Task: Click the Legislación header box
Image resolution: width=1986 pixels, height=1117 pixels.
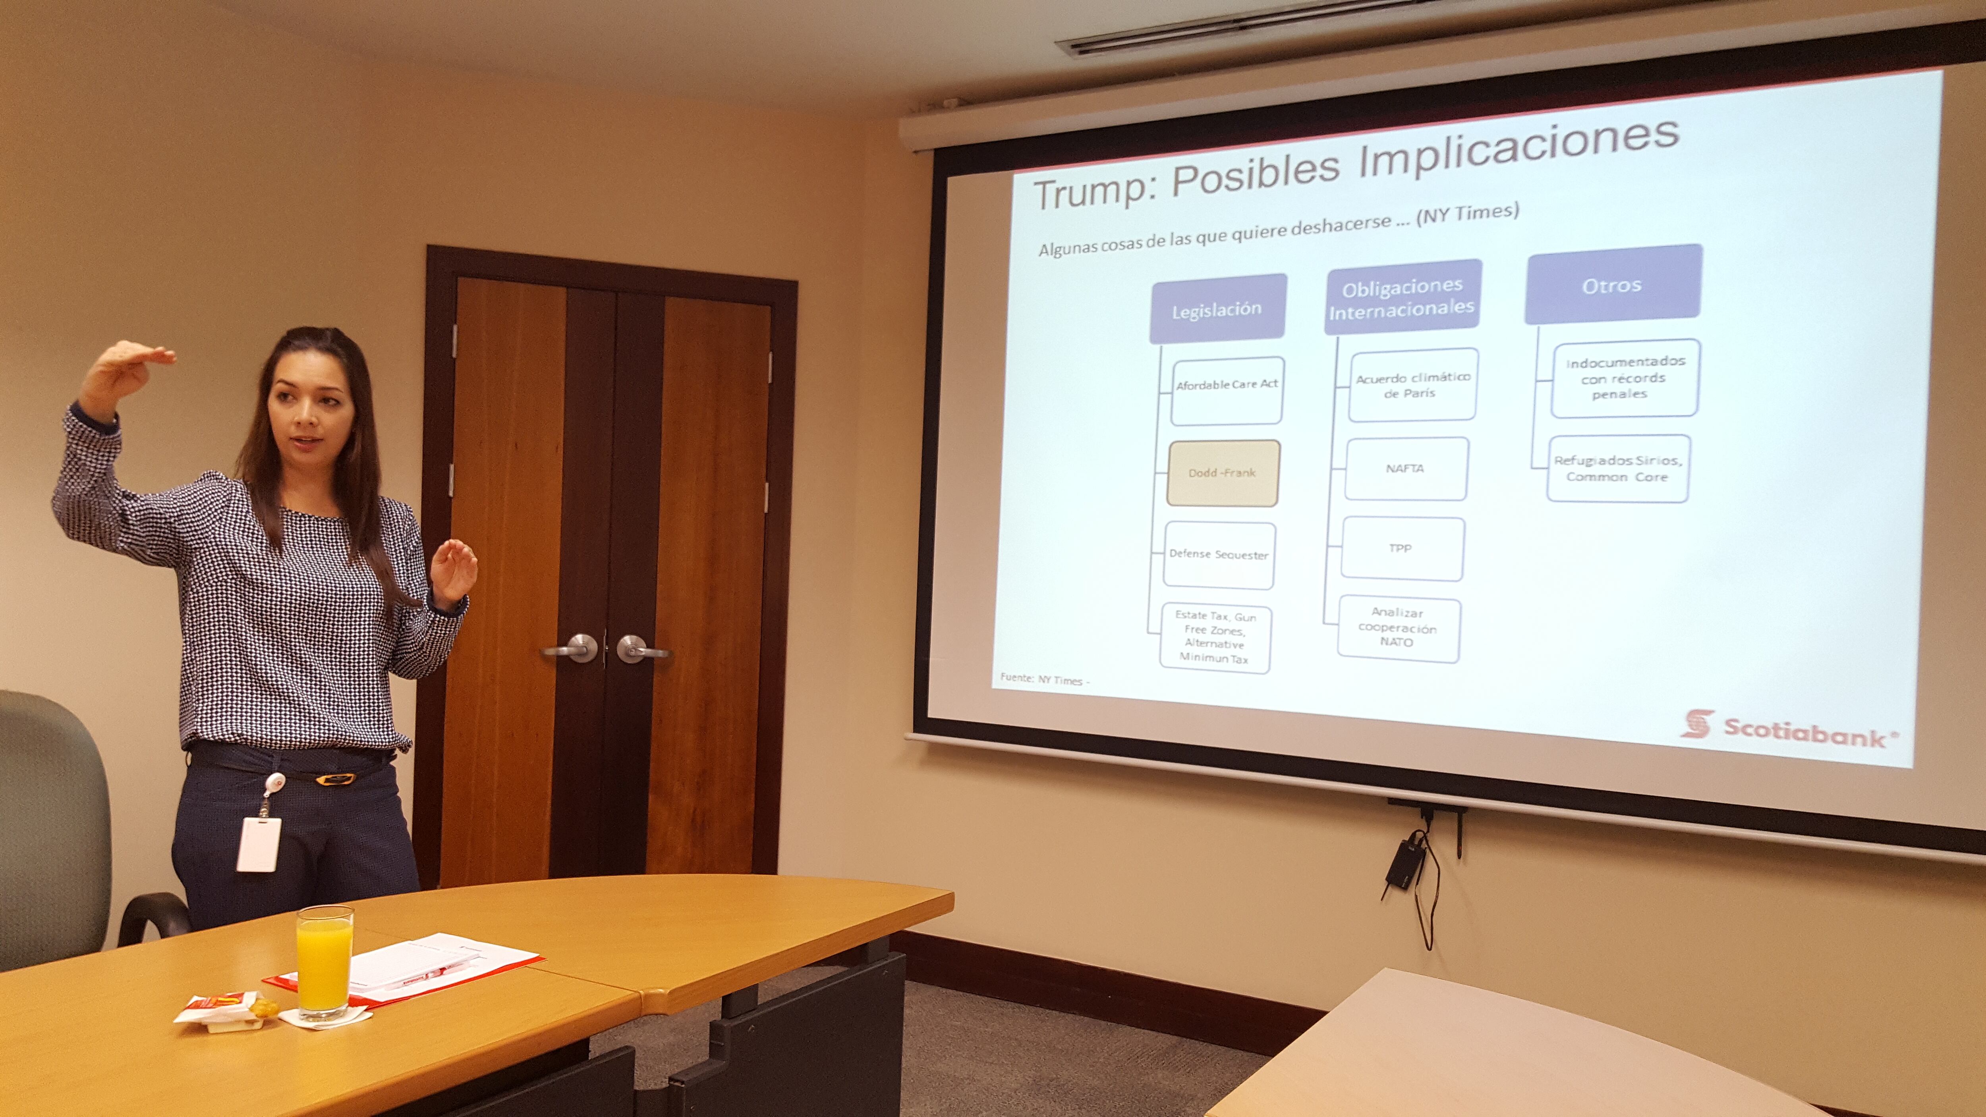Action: pyautogui.click(x=1217, y=309)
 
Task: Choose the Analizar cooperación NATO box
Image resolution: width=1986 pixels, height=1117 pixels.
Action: pyautogui.click(x=1398, y=628)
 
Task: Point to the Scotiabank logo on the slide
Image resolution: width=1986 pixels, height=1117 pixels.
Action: pyautogui.click(x=1789, y=728)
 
